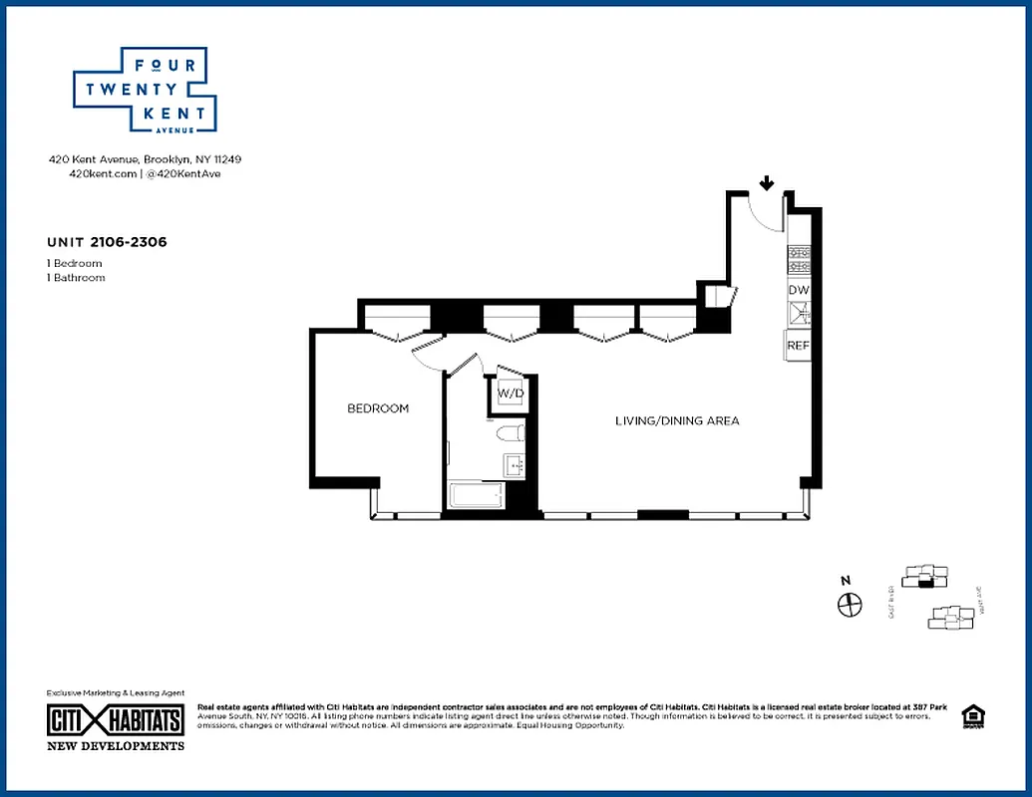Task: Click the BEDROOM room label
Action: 378,408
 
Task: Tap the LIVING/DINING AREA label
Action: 676,421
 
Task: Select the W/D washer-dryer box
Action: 511,394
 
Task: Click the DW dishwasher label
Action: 799,290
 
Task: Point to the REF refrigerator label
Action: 798,345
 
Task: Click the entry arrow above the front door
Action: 766,183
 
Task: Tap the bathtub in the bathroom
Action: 478,495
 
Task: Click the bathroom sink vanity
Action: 515,465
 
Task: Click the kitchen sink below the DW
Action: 799,315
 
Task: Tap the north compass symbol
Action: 850,604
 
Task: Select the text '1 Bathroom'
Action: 76,278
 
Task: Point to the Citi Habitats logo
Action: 116,720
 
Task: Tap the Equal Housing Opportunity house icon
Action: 970,716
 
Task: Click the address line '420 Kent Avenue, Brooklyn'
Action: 146,159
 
